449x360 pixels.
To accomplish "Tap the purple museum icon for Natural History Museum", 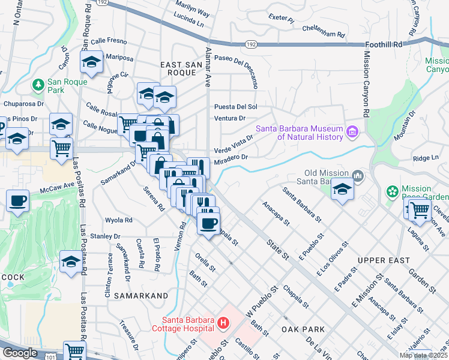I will pos(352,131).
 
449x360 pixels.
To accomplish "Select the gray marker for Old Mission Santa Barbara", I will pos(358,175).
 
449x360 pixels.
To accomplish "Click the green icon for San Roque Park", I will pos(39,83).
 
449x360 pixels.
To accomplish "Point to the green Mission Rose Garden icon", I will pos(393,191).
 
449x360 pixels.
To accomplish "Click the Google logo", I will pos(19,353).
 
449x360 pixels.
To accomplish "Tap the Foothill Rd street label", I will pos(384,45).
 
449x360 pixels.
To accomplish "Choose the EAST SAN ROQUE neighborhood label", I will pos(178,68).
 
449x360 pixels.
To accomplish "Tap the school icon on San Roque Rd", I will pos(92,62).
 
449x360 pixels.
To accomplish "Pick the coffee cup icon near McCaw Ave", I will pos(18,201).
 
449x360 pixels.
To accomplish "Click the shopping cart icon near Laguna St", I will pos(420,210).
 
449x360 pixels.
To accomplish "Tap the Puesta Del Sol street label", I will pos(235,106).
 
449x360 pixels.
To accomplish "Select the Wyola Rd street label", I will pos(118,220).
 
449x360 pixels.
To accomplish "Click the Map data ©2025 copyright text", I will pos(423,355).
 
